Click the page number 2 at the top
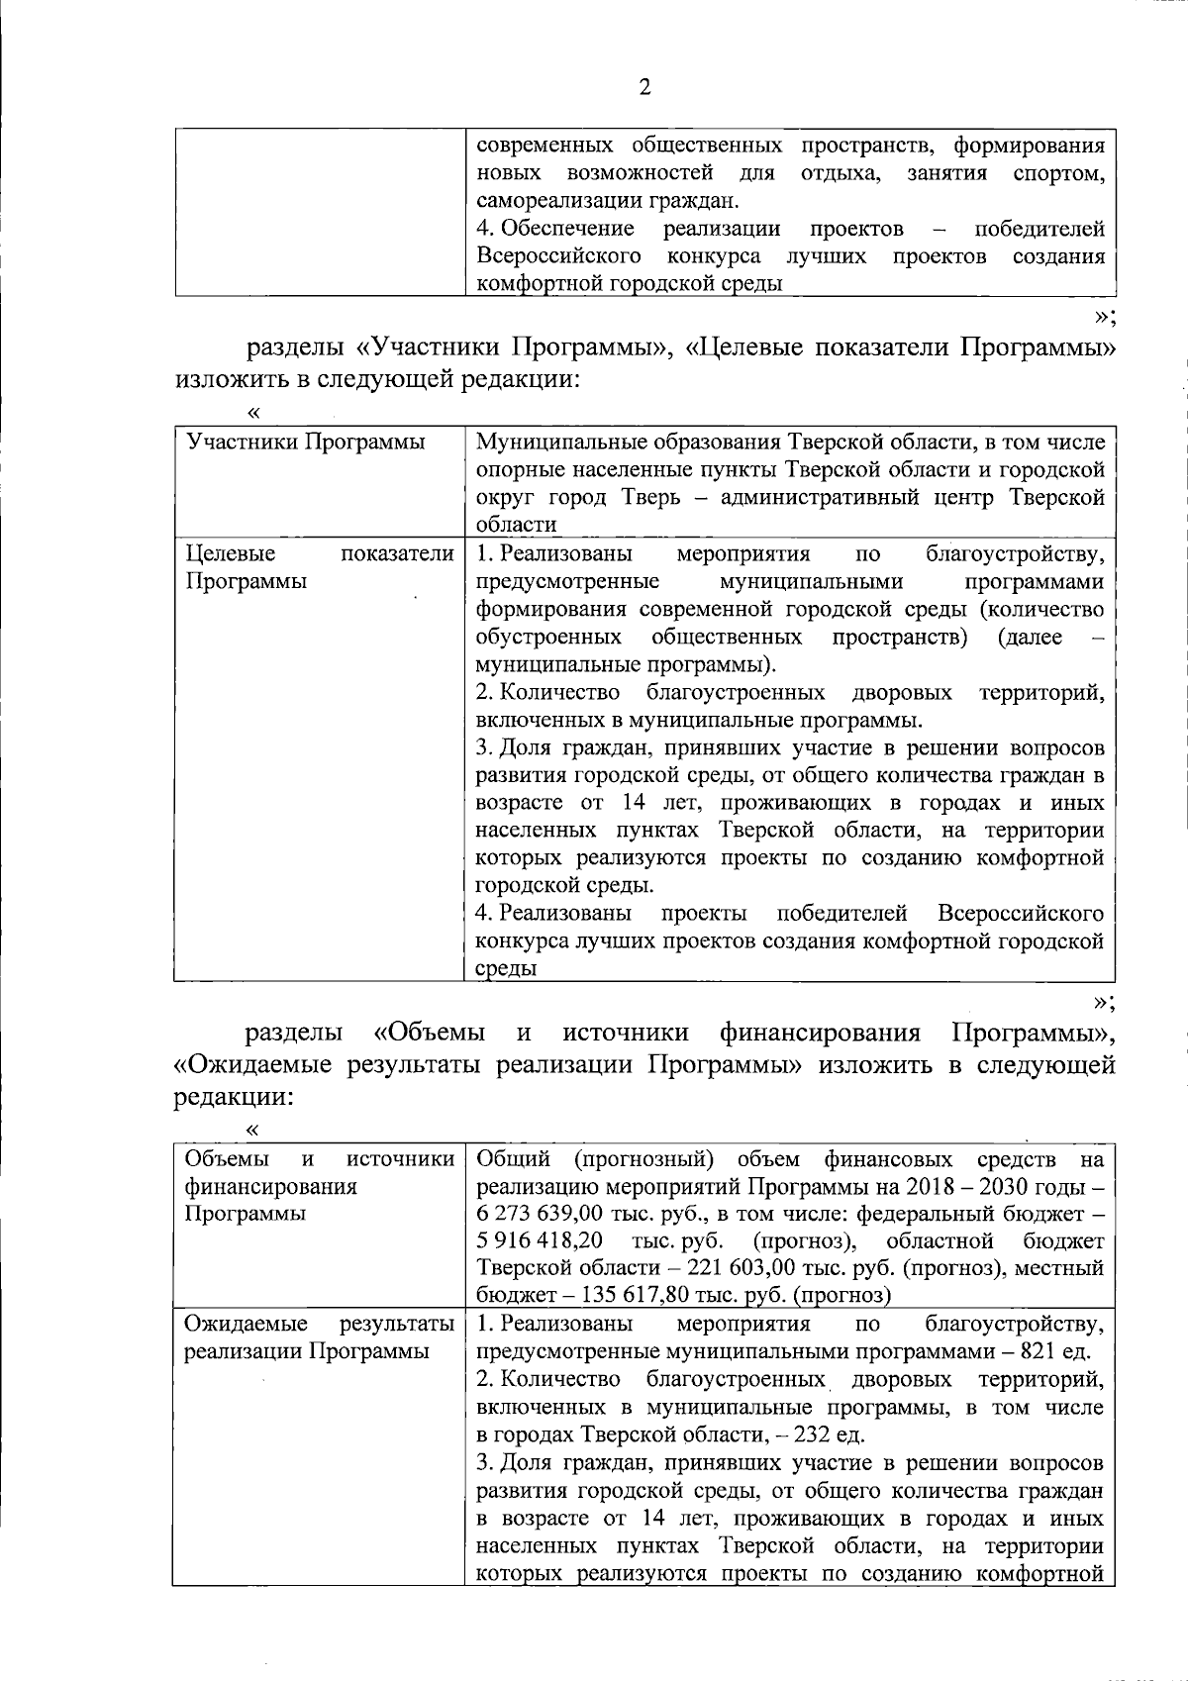click(x=644, y=88)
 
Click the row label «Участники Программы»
click(x=306, y=442)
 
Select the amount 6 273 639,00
click(x=543, y=1213)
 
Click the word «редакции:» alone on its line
click(x=234, y=1097)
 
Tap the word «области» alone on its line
click(x=516, y=525)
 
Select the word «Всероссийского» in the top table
click(x=558, y=256)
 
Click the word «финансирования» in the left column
click(x=270, y=1186)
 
